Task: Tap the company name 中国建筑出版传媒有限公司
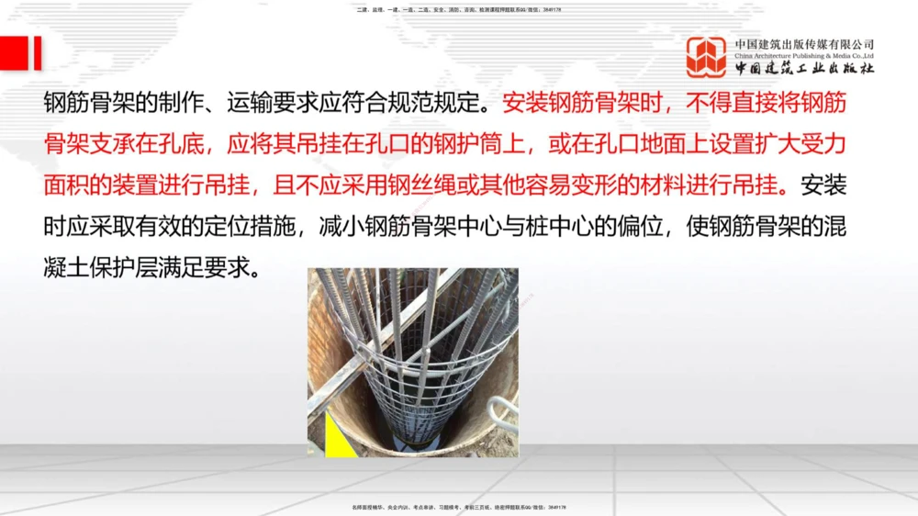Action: [804, 44]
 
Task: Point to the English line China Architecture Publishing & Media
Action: [804, 56]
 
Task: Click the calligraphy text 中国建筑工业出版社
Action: [804, 69]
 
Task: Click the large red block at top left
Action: [12, 53]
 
